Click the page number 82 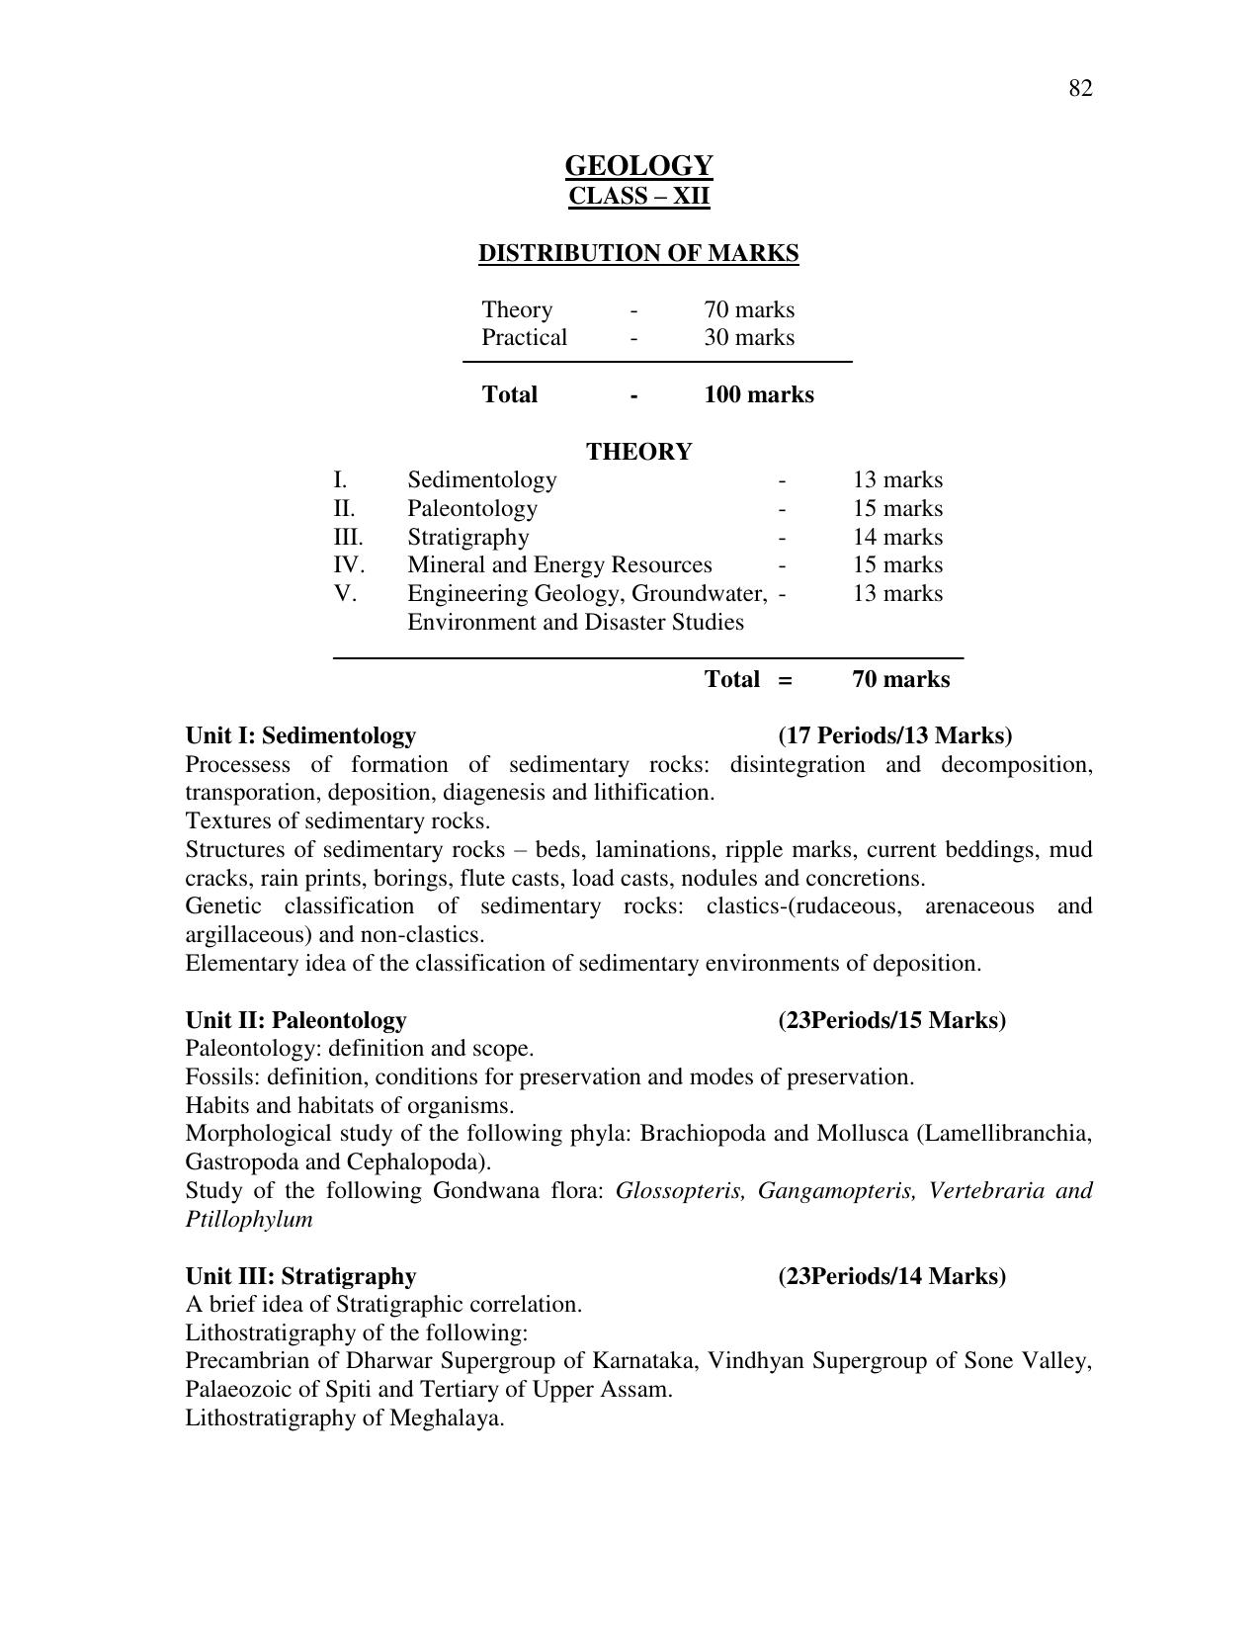pyautogui.click(x=1079, y=89)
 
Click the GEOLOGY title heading pyautogui.click(x=638, y=165)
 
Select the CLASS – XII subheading pyautogui.click(x=638, y=196)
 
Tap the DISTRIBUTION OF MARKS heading pyautogui.click(x=638, y=253)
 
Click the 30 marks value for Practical pyautogui.click(x=749, y=337)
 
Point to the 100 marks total pyautogui.click(x=759, y=394)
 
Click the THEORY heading pyautogui.click(x=638, y=452)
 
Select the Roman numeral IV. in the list pyautogui.click(x=348, y=564)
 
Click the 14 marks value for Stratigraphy pyautogui.click(x=897, y=537)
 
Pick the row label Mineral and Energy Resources pyautogui.click(x=559, y=564)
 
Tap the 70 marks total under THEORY pyautogui.click(x=900, y=679)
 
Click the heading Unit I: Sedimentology pyautogui.click(x=300, y=735)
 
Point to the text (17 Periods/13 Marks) pyautogui.click(x=894, y=735)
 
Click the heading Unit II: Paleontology pyautogui.click(x=295, y=1020)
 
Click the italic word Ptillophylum pyautogui.click(x=248, y=1219)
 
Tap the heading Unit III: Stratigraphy pyautogui.click(x=300, y=1276)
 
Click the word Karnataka pyautogui.click(x=647, y=1361)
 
